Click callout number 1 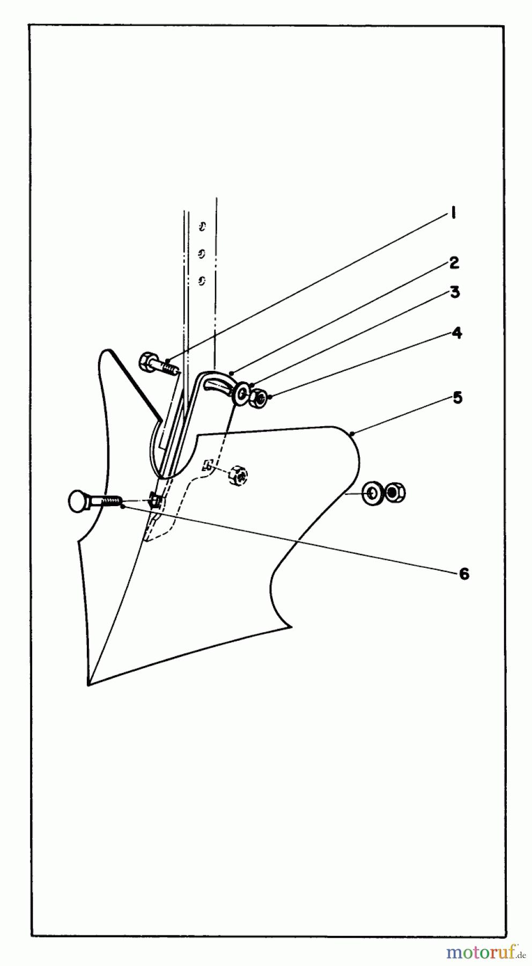pos(453,214)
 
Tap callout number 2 pos(454,262)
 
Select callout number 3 pos(455,292)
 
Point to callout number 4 pos(456,333)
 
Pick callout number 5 pos(457,398)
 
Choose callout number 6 pos(464,574)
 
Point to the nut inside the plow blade pos(237,475)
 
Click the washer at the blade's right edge pos(372,493)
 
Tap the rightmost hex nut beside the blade pos(395,492)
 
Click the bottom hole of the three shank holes pos(202,280)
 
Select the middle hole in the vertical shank pos(202,254)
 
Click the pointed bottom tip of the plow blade pos(88,684)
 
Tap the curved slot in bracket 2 pos(216,382)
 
